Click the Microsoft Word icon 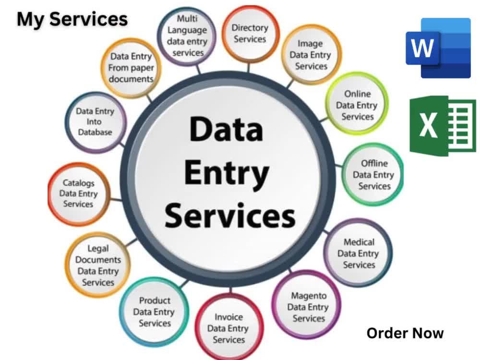coord(438,48)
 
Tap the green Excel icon coord(443,125)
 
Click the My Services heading coord(72,19)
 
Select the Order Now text coord(405,333)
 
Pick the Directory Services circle coord(250,34)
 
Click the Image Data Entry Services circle coord(311,55)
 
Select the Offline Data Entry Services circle coord(373,175)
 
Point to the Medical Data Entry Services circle coord(358,253)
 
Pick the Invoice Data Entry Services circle coord(229,327)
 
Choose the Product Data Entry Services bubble coord(154,312)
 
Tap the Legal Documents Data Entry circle coord(98,265)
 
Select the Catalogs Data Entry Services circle coord(79,194)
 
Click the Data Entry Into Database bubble coord(96,122)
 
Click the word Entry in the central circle coord(227,173)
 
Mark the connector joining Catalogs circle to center coord(116,200)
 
